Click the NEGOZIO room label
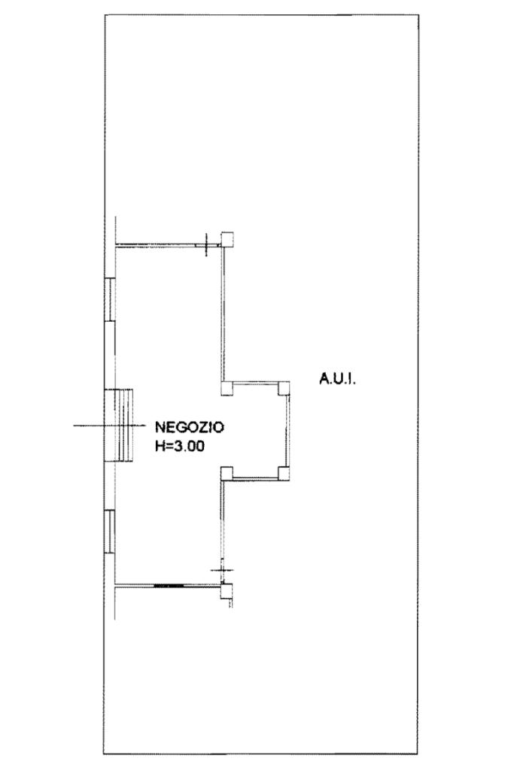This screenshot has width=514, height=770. (x=189, y=427)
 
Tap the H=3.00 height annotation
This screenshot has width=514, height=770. (x=180, y=445)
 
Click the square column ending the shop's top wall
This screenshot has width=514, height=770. (x=227, y=238)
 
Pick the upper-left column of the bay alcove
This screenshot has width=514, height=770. (x=227, y=388)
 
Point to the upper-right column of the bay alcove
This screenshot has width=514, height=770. (x=284, y=388)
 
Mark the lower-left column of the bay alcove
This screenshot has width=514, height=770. (x=227, y=473)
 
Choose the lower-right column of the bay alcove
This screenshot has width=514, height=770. (x=284, y=473)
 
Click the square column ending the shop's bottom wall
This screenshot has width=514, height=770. (x=227, y=591)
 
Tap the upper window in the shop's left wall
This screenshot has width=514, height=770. (x=109, y=300)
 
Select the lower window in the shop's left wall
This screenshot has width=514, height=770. (x=109, y=532)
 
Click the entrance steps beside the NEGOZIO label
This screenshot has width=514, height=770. (x=118, y=426)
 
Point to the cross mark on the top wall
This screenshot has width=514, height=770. (x=205, y=244)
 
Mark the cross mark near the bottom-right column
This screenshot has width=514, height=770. (x=222, y=571)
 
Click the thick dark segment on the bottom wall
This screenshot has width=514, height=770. (x=168, y=584)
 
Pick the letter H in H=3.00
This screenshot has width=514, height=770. (x=159, y=445)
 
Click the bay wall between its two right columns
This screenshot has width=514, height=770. (x=288, y=430)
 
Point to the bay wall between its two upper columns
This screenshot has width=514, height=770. (x=255, y=383)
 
